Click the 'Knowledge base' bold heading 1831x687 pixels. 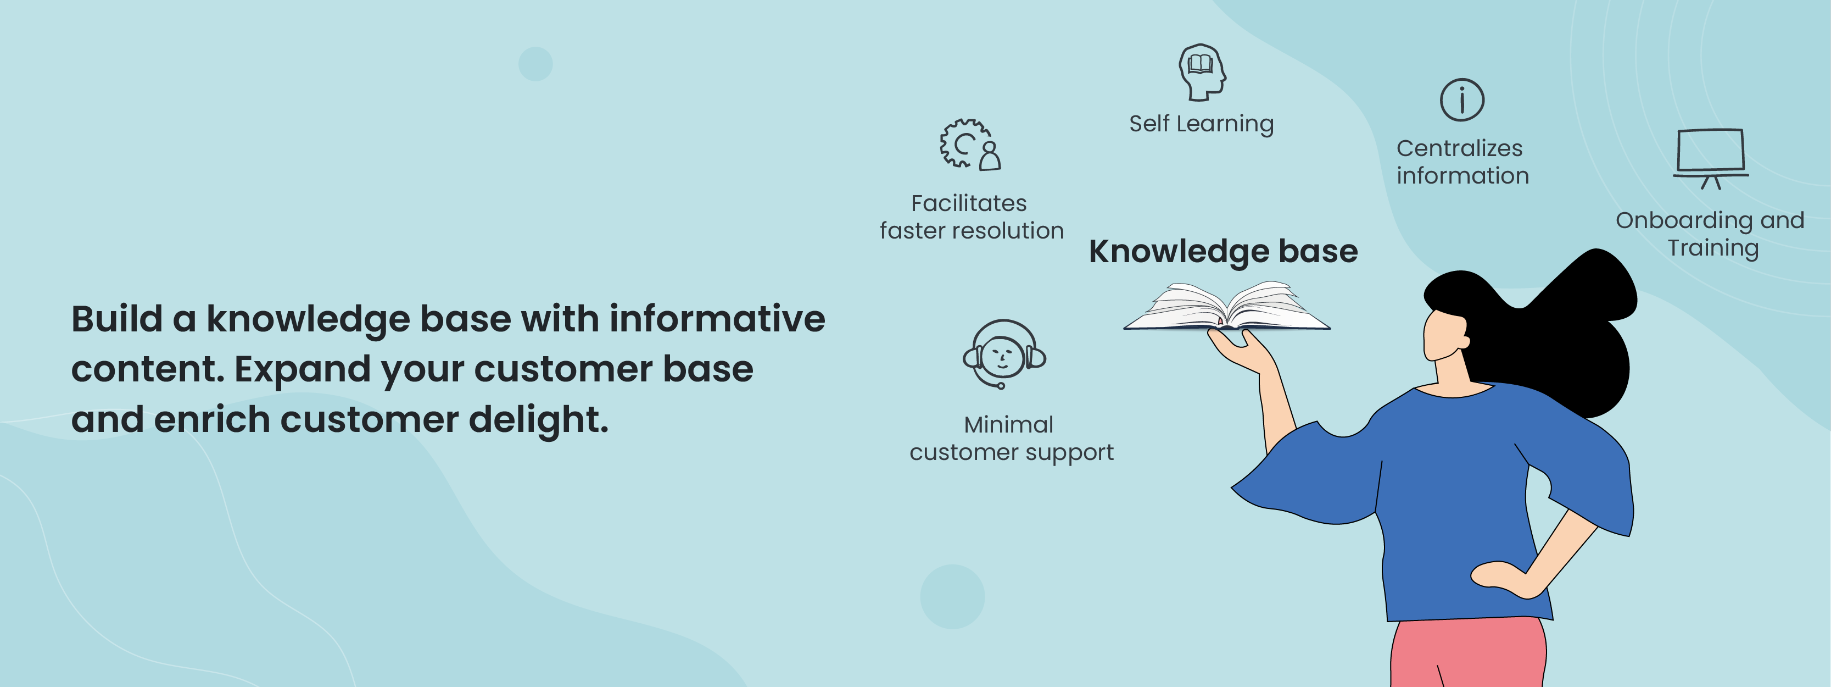(x=1222, y=251)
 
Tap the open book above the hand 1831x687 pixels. (x=1226, y=308)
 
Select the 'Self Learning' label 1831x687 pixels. (x=1201, y=124)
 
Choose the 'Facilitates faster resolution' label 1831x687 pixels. (x=971, y=217)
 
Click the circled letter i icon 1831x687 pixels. (x=1461, y=99)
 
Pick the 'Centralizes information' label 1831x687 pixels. (x=1461, y=162)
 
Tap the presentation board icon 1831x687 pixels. (x=1711, y=157)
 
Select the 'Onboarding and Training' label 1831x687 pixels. (x=1710, y=234)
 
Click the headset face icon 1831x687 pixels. (x=1003, y=353)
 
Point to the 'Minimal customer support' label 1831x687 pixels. (x=1011, y=438)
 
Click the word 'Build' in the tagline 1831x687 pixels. (x=116, y=319)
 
